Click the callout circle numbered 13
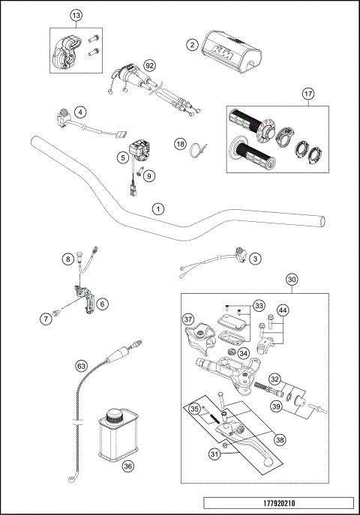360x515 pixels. (x=75, y=16)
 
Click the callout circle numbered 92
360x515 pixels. (x=149, y=66)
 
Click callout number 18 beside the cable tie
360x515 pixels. (x=180, y=142)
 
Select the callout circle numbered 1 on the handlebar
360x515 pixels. (x=157, y=207)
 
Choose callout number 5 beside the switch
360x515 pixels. (x=121, y=157)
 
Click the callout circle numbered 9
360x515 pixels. (x=148, y=176)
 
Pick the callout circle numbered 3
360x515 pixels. (x=255, y=259)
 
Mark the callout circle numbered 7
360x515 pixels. (x=46, y=319)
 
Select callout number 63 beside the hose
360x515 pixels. (x=82, y=367)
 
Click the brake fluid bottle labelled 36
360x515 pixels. (x=117, y=439)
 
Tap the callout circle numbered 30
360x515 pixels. (x=291, y=279)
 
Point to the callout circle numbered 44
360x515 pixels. (x=283, y=310)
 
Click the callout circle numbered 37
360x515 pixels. (x=188, y=319)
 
